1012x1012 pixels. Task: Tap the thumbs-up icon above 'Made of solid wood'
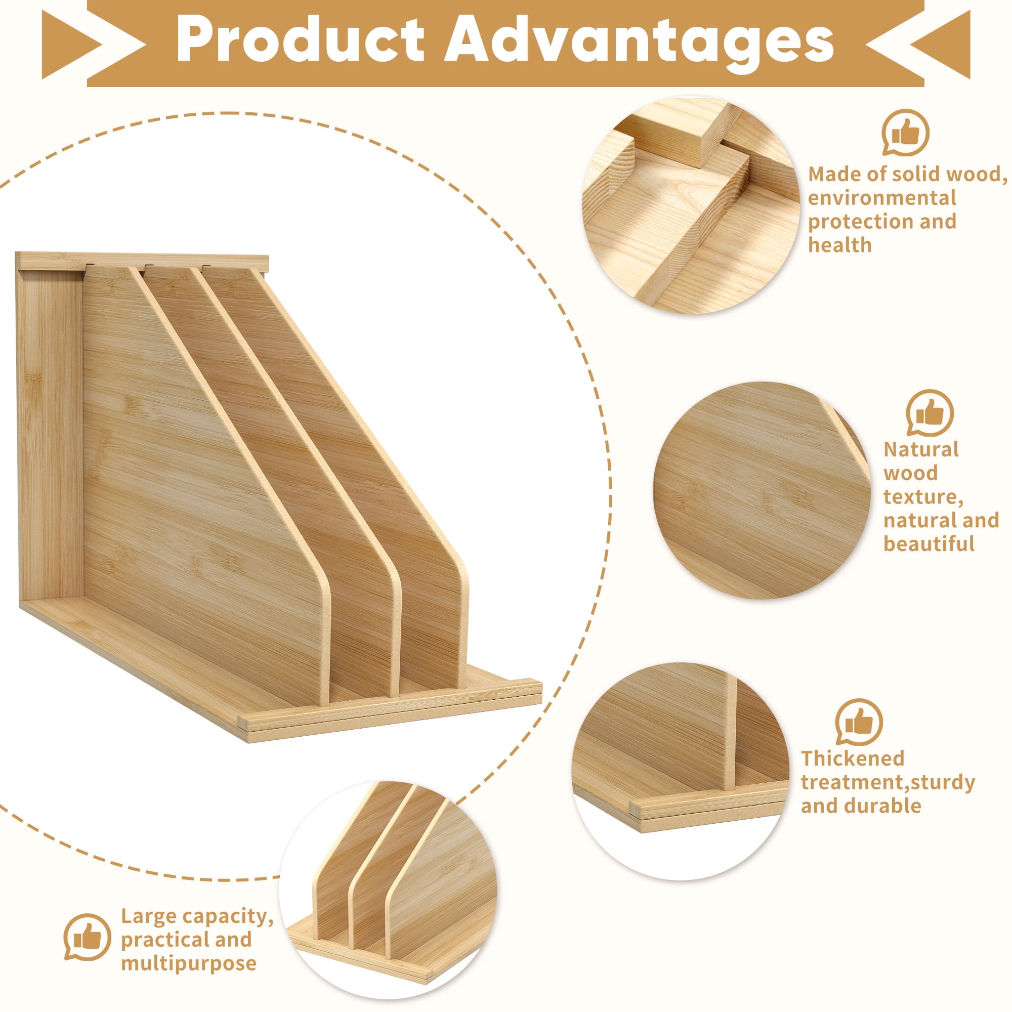(x=906, y=133)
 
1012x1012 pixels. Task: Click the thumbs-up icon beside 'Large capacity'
(x=88, y=893)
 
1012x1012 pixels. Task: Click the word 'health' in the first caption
(x=839, y=245)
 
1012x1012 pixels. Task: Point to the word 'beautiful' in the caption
(x=929, y=544)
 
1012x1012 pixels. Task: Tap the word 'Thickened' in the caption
(x=853, y=758)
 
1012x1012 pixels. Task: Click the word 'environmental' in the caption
(x=882, y=198)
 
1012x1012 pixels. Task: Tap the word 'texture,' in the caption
(x=923, y=497)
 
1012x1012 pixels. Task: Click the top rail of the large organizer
(x=142, y=262)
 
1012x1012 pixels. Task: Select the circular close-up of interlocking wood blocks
(x=691, y=205)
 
